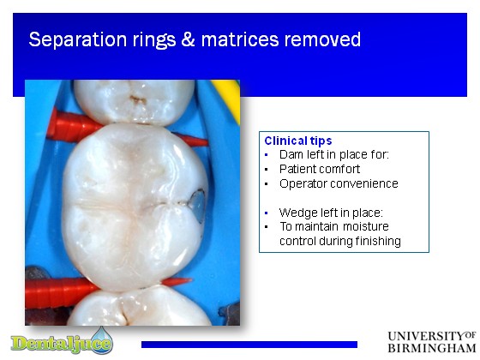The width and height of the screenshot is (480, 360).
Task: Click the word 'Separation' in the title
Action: coord(78,39)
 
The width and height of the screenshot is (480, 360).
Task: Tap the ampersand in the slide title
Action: coord(188,39)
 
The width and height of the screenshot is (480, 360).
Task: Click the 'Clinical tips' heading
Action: coord(298,141)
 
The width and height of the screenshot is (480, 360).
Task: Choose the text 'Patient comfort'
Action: coord(320,169)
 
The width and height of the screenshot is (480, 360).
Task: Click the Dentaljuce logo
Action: coord(62,341)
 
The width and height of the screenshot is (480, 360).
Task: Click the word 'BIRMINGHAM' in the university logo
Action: coord(432,348)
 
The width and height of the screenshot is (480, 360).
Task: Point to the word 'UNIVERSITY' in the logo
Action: coord(426,336)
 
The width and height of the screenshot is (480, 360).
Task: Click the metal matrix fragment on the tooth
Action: coord(197,204)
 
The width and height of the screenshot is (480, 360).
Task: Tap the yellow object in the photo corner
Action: coord(227,99)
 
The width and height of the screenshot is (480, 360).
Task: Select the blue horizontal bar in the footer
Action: coord(249,345)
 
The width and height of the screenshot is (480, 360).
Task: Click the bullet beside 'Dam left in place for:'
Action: coord(267,155)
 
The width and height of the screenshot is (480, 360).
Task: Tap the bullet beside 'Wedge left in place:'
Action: coord(267,213)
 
